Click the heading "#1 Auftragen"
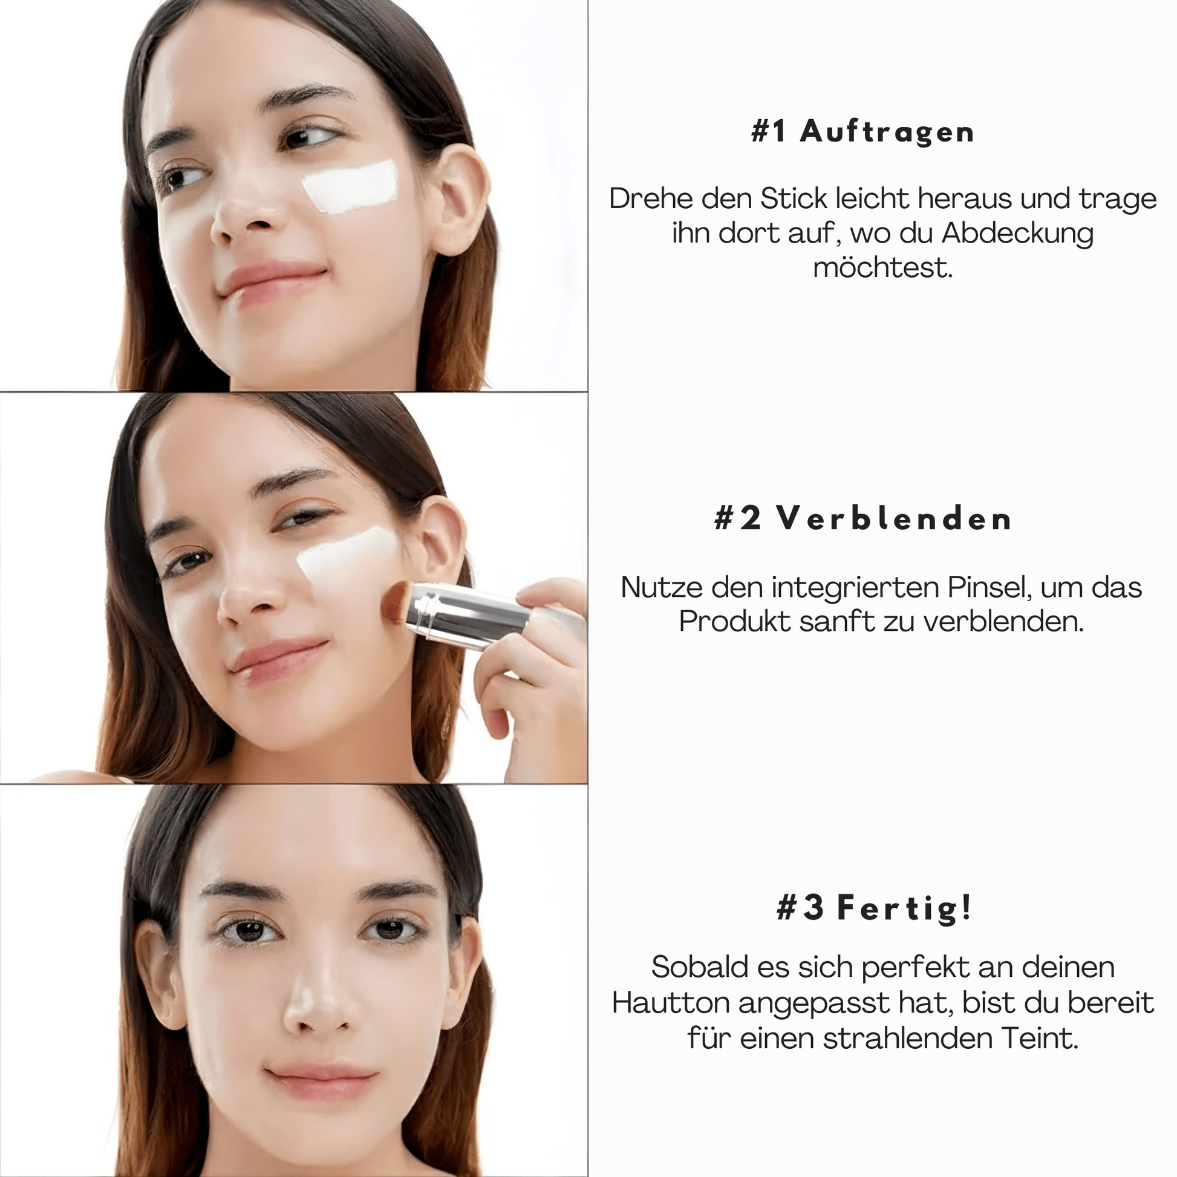click(x=862, y=132)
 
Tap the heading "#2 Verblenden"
click(x=862, y=519)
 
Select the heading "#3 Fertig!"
click(x=874, y=907)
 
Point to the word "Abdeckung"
click(x=1017, y=233)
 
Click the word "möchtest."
click(x=883, y=268)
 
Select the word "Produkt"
click(x=734, y=622)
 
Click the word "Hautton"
click(x=671, y=1003)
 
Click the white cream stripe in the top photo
click(x=351, y=187)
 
